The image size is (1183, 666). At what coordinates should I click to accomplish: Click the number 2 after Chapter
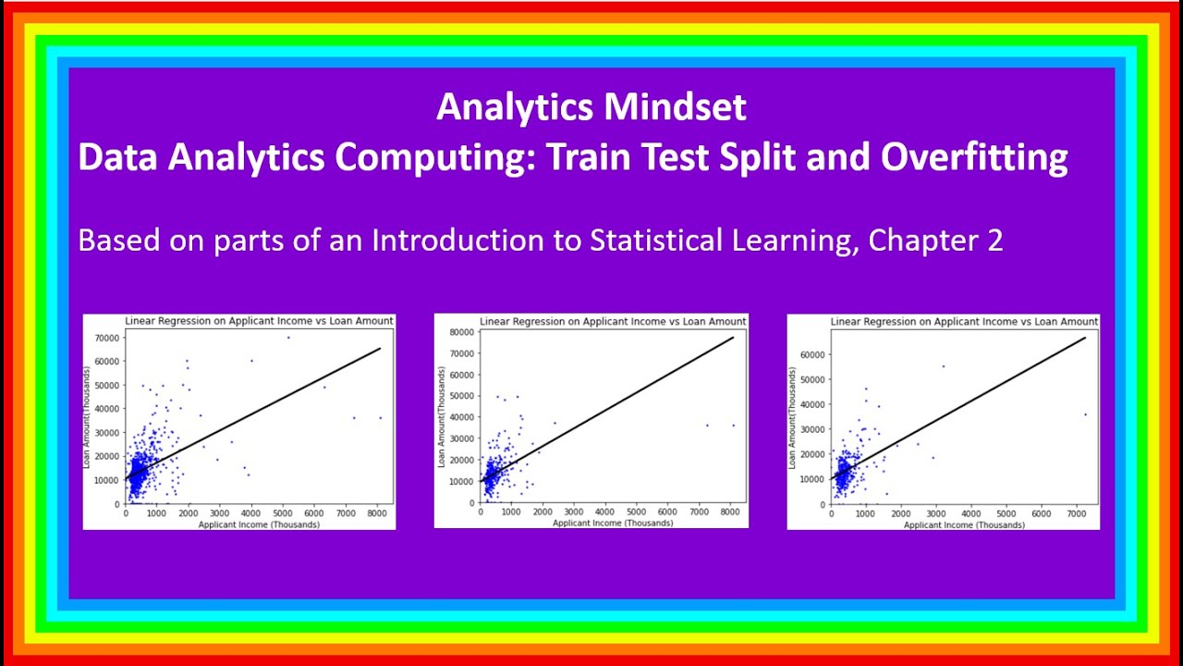[x=994, y=240]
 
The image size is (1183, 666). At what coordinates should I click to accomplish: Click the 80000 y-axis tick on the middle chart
[x=461, y=331]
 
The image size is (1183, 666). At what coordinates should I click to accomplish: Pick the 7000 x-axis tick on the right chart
[x=1076, y=513]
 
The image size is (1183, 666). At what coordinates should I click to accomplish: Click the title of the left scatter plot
[x=259, y=321]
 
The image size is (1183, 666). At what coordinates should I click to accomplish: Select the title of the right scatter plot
[x=964, y=321]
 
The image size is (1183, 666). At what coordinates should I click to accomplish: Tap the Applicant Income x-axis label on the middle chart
[x=613, y=523]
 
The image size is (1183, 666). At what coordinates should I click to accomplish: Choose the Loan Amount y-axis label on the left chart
[x=89, y=418]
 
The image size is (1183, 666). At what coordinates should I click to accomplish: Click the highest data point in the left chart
[x=288, y=338]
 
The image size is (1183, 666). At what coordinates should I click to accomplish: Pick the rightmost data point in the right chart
[x=1085, y=414]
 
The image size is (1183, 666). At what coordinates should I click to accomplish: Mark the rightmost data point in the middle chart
[x=734, y=425]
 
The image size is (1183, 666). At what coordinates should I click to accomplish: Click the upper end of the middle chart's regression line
[x=734, y=338]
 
